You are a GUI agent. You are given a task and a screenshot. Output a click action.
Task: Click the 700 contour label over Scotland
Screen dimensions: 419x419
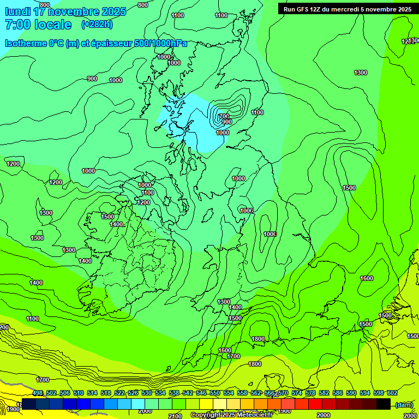[x=223, y=116]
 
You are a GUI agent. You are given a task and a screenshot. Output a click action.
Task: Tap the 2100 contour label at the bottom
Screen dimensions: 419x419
[x=175, y=416]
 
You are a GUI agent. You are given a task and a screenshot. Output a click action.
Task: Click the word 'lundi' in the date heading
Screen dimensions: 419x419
[x=17, y=11]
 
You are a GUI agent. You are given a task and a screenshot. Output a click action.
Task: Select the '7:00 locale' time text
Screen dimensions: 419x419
[x=38, y=25]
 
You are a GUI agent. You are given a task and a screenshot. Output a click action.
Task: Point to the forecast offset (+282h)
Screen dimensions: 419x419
[x=97, y=25]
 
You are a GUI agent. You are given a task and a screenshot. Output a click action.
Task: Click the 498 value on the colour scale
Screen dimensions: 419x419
[x=38, y=393]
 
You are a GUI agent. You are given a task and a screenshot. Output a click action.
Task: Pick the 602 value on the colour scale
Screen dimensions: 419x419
[x=392, y=393]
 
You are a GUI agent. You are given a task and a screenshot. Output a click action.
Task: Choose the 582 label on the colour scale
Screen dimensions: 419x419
[x=324, y=393]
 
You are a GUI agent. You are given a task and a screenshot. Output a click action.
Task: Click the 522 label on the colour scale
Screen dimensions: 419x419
[x=119, y=393]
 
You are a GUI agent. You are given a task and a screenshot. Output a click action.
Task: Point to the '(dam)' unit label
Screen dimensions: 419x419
[x=403, y=404]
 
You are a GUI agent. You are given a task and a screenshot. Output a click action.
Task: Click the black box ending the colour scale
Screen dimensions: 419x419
[x=384, y=404]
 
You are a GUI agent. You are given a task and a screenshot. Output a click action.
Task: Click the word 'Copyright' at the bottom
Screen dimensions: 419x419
[x=206, y=415]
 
